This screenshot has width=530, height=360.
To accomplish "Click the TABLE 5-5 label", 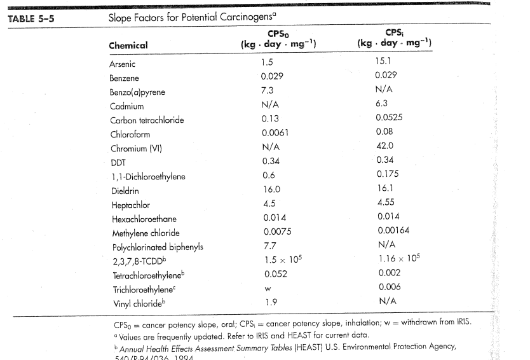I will point(31,18).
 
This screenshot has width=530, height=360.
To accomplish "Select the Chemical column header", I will point(128,45).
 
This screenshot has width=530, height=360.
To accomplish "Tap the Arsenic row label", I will point(122,64).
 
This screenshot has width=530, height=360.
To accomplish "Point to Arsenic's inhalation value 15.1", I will point(385,61).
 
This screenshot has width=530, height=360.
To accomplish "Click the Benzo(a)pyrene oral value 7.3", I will point(268,90).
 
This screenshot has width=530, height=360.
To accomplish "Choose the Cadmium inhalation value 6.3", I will point(382,103).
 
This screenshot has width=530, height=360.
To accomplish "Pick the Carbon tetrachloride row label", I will point(147,120).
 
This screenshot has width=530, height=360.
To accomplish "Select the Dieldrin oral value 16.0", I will point(271,190).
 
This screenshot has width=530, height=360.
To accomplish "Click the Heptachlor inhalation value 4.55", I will point(386,203).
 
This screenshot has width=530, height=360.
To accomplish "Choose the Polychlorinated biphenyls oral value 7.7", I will point(269,246).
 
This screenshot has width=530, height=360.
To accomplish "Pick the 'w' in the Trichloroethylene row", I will point(266,289).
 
